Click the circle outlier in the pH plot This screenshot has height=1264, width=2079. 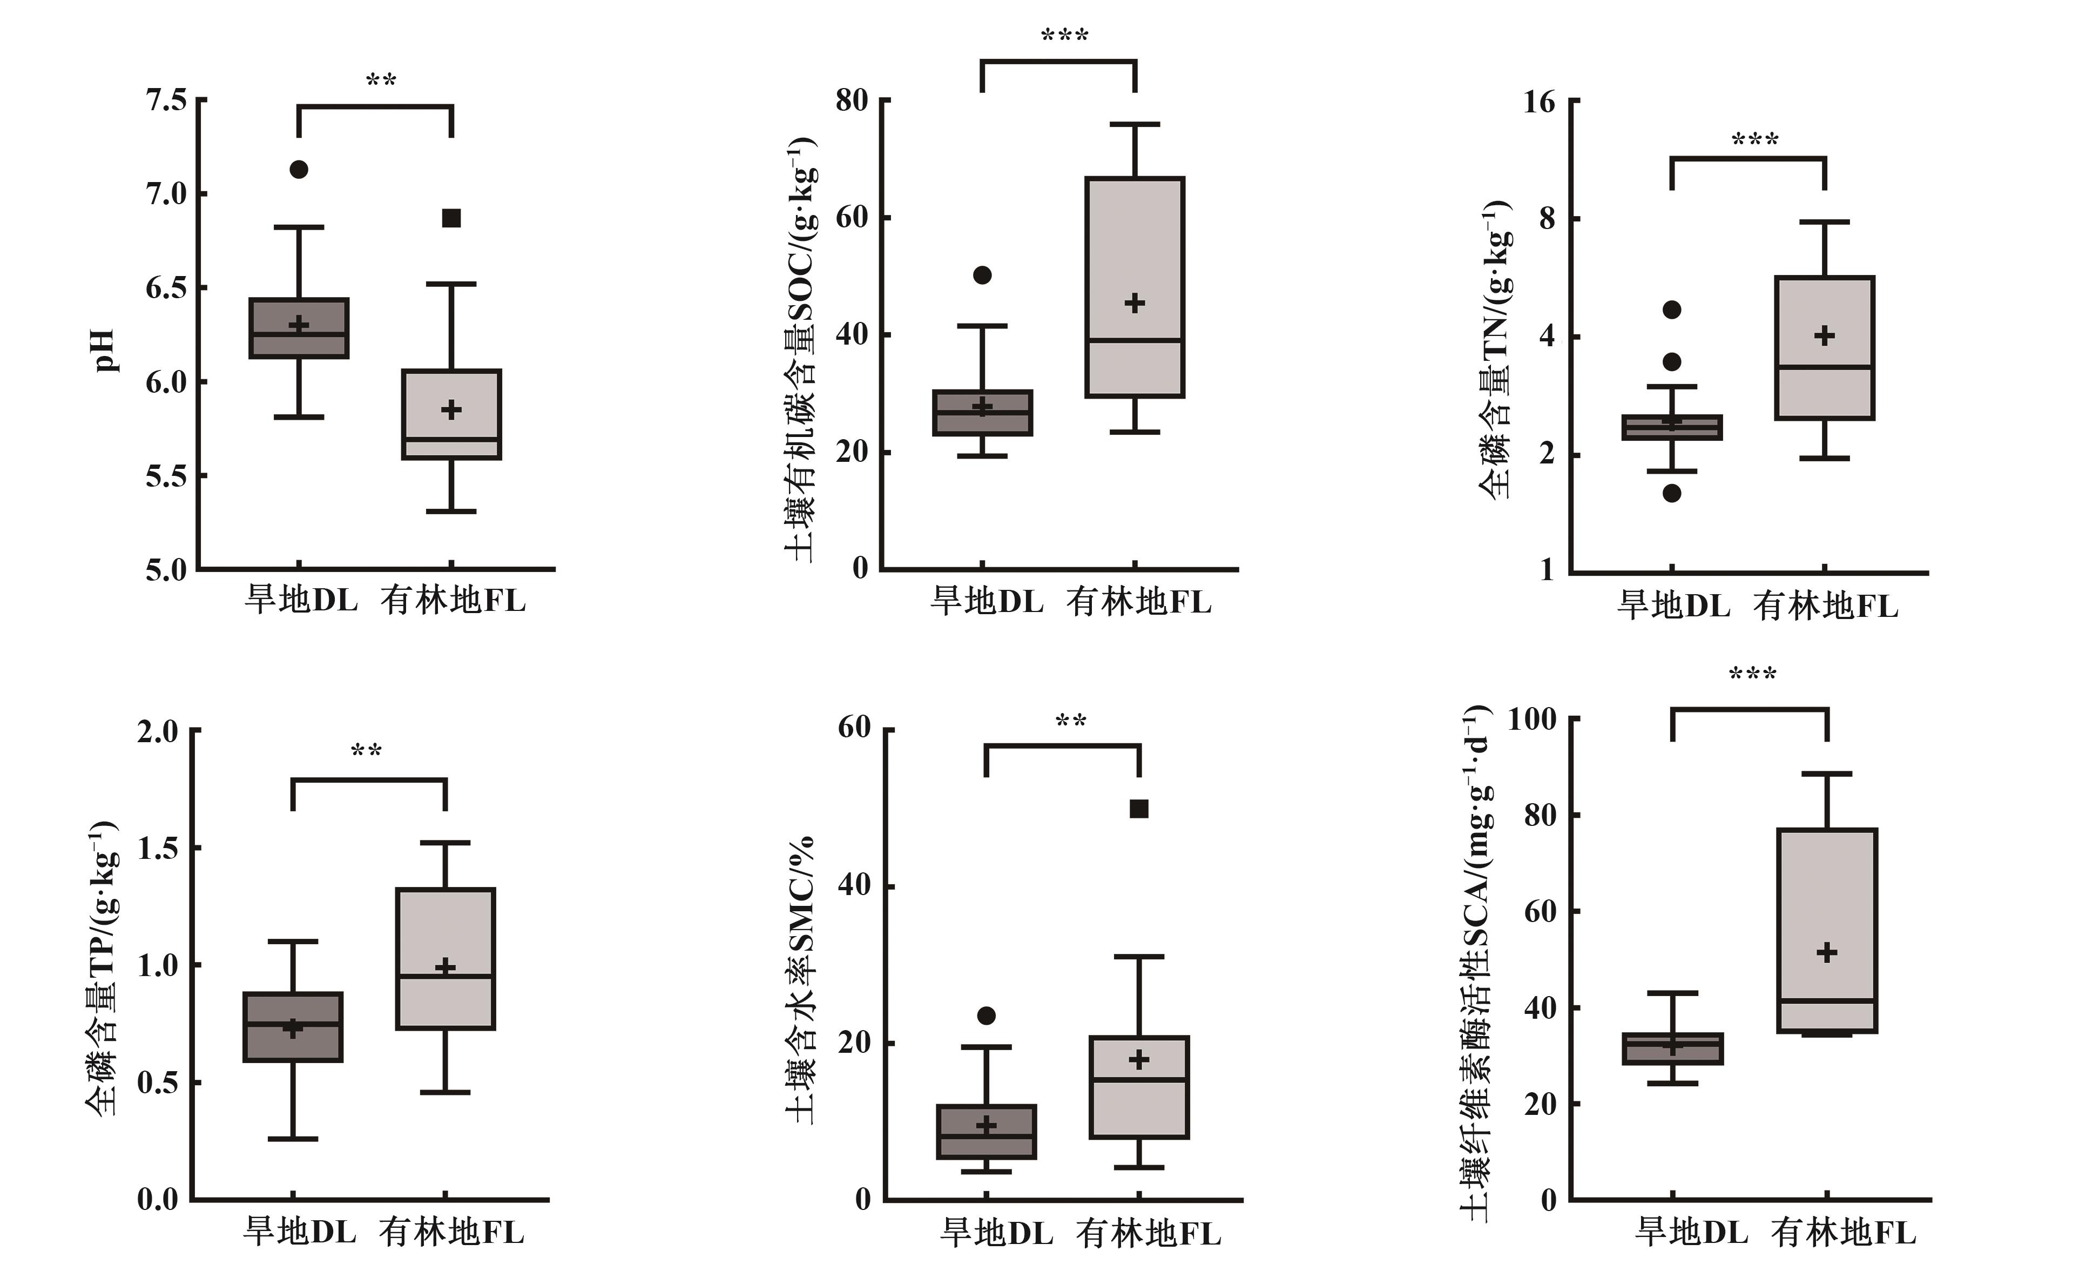[299, 170]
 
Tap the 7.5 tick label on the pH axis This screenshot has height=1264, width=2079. [166, 100]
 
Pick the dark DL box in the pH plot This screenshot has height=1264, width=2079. [299, 328]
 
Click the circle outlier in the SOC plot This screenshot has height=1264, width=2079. [982, 275]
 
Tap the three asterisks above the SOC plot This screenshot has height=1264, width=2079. [1065, 36]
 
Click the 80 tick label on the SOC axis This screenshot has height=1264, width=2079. [852, 100]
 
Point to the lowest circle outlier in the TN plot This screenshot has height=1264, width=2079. [1671, 494]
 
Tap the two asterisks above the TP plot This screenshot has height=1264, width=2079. [366, 751]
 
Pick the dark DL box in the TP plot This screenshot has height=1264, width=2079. [293, 1027]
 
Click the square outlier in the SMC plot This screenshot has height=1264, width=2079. [1139, 809]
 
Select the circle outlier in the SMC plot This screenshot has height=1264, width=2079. [987, 1015]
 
